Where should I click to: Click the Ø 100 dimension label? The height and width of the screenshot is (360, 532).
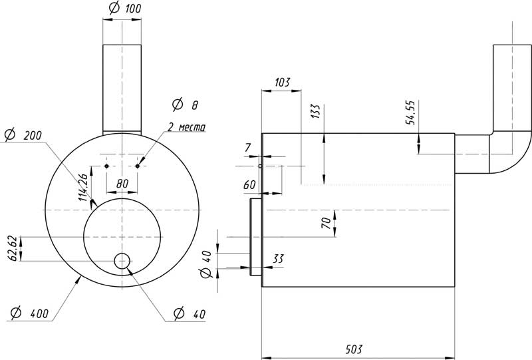123,9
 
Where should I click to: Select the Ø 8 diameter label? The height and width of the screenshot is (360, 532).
184,104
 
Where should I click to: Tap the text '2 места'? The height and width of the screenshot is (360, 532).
187,126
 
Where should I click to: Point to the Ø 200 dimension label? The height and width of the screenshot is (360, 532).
23,134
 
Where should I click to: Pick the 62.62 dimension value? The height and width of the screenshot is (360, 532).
13,248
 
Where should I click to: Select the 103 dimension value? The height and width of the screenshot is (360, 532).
282,83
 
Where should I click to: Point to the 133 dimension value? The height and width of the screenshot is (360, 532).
315,112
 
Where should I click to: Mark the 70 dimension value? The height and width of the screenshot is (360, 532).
327,223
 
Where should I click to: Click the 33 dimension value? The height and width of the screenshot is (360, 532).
279,258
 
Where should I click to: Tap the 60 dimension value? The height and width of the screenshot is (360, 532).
250,184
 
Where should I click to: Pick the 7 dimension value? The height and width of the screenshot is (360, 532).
249,146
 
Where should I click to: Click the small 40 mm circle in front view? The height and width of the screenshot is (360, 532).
122,261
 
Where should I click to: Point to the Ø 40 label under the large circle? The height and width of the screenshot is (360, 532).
187,313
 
